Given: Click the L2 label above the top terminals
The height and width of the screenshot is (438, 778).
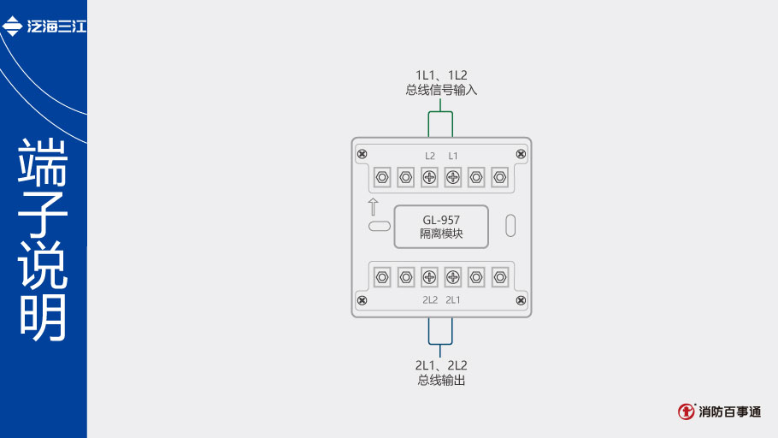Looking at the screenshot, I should pyautogui.click(x=430, y=156).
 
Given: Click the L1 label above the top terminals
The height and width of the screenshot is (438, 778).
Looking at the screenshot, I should pyautogui.click(x=453, y=156).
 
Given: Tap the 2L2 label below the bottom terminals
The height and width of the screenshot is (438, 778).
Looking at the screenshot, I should pyautogui.click(x=430, y=300).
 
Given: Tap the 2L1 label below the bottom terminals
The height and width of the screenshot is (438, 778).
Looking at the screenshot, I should pyautogui.click(x=453, y=300).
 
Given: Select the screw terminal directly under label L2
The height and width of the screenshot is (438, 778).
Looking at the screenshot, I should pyautogui.click(x=430, y=178).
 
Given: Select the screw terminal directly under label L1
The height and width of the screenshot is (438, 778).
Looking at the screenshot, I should pyautogui.click(x=453, y=178).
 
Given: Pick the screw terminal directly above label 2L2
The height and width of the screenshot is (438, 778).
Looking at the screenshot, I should pyautogui.click(x=430, y=276).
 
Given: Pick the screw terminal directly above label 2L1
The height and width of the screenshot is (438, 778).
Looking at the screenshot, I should pyautogui.click(x=453, y=276).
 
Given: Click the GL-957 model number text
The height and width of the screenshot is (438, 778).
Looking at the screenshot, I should pyautogui.click(x=441, y=220).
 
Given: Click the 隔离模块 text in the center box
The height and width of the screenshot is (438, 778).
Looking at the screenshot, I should pyautogui.click(x=441, y=234).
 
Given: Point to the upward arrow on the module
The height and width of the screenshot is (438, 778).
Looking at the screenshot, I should pyautogui.click(x=373, y=207).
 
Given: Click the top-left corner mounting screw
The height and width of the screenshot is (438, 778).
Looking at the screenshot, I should pyautogui.click(x=362, y=154).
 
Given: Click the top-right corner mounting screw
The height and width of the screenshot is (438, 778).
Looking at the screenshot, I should pyautogui.click(x=521, y=154).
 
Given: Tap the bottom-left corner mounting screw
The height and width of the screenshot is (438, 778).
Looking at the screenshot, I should pyautogui.click(x=362, y=300).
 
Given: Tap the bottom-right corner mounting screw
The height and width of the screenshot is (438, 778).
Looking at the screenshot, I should pyautogui.click(x=521, y=300).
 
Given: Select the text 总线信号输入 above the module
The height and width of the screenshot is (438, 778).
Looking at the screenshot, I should pyautogui.click(x=441, y=90).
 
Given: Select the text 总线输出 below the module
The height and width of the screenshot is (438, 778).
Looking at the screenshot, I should pyautogui.click(x=441, y=381).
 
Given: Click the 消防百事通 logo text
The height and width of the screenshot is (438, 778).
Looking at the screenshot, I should pyautogui.click(x=728, y=411).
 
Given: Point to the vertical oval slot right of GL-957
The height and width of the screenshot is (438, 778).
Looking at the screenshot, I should pyautogui.click(x=510, y=226).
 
